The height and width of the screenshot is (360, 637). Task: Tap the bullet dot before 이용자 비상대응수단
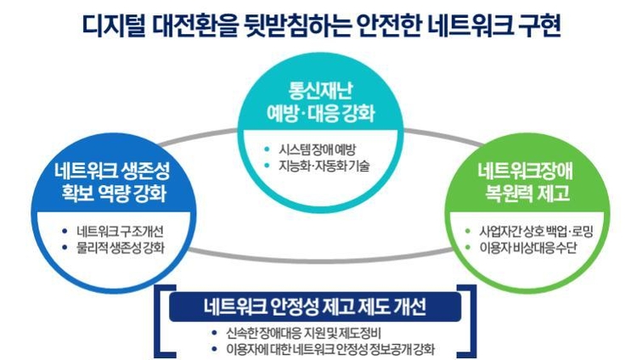point(468,248)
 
